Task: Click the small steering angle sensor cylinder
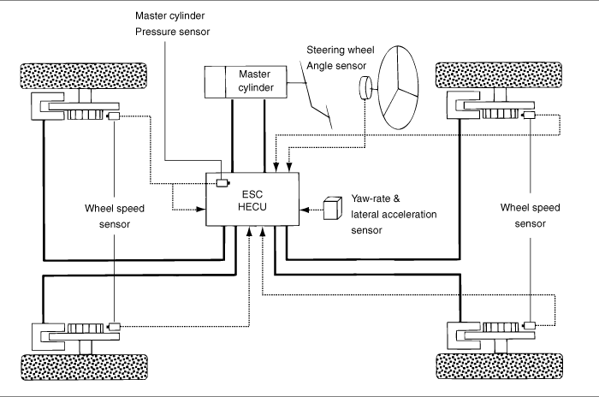coord(365,87)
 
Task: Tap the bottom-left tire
coord(65,366)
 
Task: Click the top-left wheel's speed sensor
coord(112,115)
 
